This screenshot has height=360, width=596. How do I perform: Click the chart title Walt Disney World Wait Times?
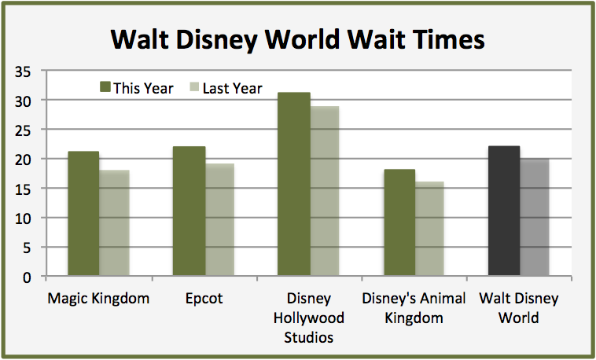pyautogui.click(x=297, y=39)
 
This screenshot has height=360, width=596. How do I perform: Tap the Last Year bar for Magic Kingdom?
pyautogui.click(x=114, y=223)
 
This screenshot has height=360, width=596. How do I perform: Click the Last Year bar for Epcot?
pyautogui.click(x=219, y=220)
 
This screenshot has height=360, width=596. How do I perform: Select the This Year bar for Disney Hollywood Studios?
pyautogui.click(x=294, y=185)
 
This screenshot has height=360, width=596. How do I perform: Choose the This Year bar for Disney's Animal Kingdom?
pyautogui.click(x=399, y=223)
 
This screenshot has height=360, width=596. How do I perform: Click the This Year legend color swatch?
pyautogui.click(x=105, y=87)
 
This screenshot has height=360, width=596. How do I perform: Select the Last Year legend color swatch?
pyautogui.click(x=194, y=87)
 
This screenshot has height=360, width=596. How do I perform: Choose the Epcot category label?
pyautogui.click(x=204, y=299)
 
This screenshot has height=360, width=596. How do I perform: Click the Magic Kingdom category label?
pyautogui.click(x=98, y=299)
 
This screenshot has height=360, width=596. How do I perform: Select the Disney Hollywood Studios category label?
pyautogui.click(x=309, y=318)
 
